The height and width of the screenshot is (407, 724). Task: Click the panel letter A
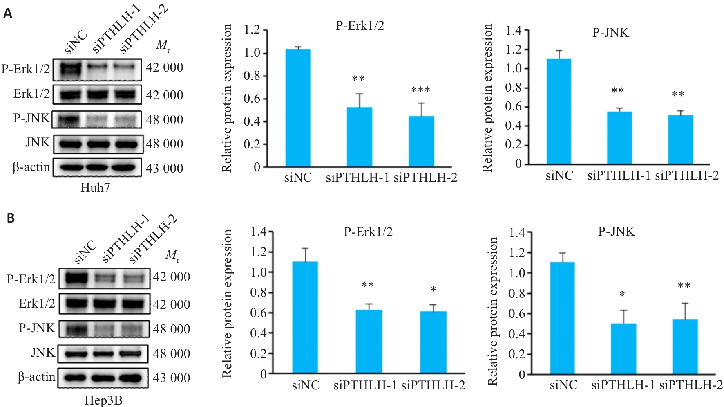[x=8, y=13]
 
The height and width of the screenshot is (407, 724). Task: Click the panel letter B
[x=11, y=218]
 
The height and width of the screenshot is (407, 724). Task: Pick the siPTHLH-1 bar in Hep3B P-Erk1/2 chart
[x=369, y=342]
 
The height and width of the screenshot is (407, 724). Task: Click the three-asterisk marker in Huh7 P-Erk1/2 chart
[x=421, y=90]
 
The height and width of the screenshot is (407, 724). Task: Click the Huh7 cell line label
[x=95, y=188]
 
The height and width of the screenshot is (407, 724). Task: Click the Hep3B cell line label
[x=103, y=400]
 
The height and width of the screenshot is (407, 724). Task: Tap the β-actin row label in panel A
[x=31, y=167]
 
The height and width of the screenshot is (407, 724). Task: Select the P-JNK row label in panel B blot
[x=37, y=328]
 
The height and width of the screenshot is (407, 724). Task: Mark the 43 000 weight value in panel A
[x=165, y=168]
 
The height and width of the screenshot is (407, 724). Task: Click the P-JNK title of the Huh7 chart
[x=610, y=33]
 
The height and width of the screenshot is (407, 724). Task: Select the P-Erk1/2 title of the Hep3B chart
[x=368, y=232]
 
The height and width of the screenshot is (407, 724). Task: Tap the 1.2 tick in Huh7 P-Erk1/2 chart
[x=252, y=30]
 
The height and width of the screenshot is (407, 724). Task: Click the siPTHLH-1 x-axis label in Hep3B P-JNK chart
[x=623, y=385]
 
